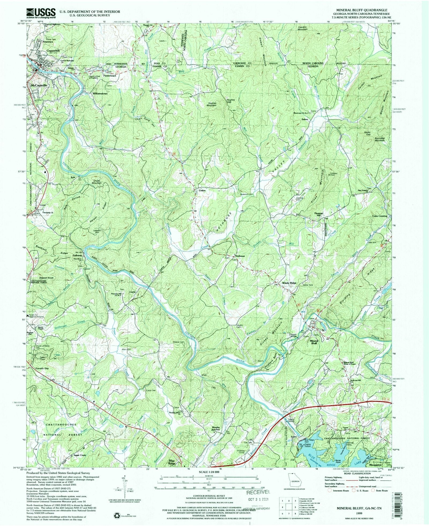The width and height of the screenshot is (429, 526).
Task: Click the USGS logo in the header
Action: [41, 13]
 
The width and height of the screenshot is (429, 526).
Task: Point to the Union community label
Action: [202, 190]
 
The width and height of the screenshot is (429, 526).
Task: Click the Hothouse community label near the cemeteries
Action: [240, 256]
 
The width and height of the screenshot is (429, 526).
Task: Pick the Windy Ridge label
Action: [289, 283]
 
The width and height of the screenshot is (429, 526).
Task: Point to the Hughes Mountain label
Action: [211, 104]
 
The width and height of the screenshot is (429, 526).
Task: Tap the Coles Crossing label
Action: [379, 216]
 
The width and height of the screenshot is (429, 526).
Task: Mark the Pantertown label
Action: [109, 76]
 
